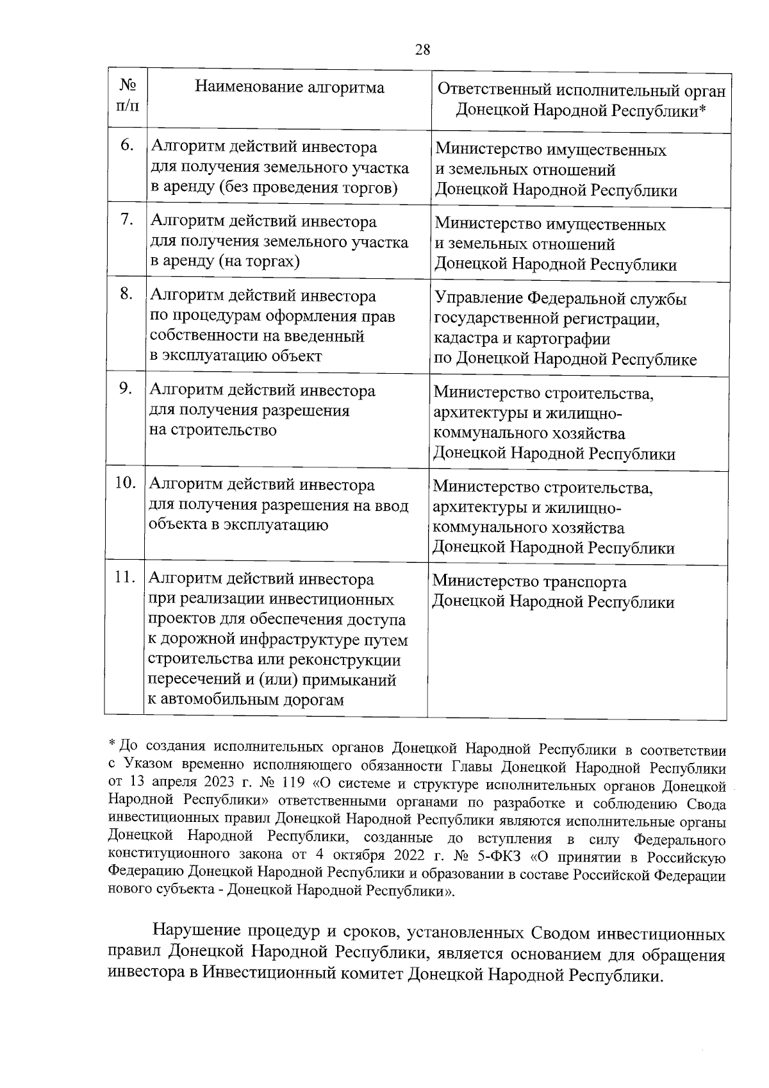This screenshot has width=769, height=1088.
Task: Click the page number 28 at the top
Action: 422,50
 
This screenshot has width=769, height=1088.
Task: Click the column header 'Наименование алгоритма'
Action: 290,87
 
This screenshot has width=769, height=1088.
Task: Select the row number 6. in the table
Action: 127,146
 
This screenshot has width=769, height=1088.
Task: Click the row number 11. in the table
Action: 125,577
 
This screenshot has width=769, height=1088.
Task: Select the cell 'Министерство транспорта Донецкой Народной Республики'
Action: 553,592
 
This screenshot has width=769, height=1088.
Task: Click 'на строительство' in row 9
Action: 213,430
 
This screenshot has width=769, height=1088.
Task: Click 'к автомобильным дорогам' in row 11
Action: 246,699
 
